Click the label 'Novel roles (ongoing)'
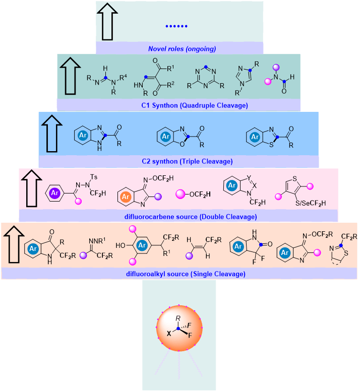pos(182,49)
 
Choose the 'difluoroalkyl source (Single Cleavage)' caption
pos(180,274)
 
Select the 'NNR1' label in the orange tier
pos(100,235)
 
